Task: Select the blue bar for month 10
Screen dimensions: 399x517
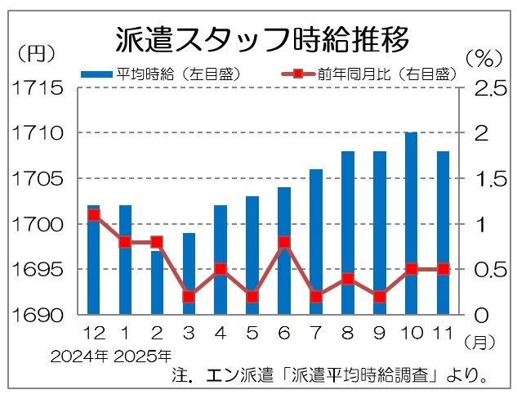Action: point(412,222)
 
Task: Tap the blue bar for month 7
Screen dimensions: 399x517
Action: point(316,241)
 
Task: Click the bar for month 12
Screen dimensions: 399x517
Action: point(93,259)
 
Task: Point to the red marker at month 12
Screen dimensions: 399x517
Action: point(93,215)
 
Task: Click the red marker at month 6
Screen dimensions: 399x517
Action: point(284,242)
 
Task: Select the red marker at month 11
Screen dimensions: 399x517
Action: point(443,269)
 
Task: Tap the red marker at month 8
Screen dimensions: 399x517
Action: point(348,279)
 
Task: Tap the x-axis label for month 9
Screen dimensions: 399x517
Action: point(380,333)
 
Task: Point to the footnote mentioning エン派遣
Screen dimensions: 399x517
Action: point(331,378)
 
